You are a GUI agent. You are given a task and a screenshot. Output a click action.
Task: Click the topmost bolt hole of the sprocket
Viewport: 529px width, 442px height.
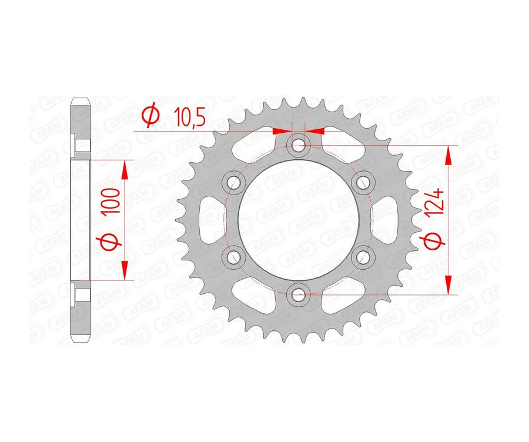click(299, 144)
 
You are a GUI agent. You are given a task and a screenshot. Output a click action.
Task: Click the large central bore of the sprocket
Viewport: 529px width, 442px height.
click(299, 218)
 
